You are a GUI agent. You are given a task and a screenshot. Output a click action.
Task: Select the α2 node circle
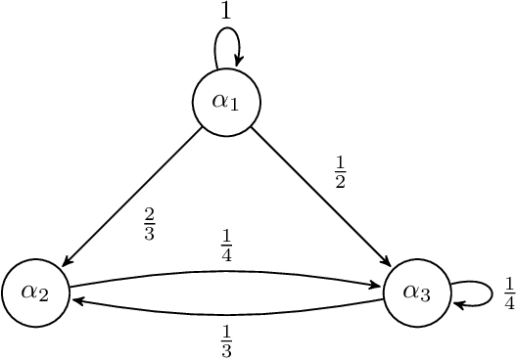[x=36, y=292]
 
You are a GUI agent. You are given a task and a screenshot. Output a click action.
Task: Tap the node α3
[x=416, y=292]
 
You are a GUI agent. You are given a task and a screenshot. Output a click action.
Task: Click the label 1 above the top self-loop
[x=226, y=12]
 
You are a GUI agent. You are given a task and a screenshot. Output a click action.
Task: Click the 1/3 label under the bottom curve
[x=226, y=338]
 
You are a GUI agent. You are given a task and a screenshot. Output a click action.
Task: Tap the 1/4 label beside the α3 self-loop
[x=509, y=292]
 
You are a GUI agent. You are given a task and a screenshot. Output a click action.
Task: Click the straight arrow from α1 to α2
[x=132, y=197]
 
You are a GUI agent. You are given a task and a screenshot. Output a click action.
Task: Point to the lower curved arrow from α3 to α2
[x=226, y=314]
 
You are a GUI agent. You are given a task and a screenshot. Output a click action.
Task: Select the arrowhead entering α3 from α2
[x=376, y=285]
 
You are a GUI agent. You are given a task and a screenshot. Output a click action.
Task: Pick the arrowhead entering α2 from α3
[x=76, y=301]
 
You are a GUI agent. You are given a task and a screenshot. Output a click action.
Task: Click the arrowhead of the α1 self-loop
[x=237, y=62]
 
